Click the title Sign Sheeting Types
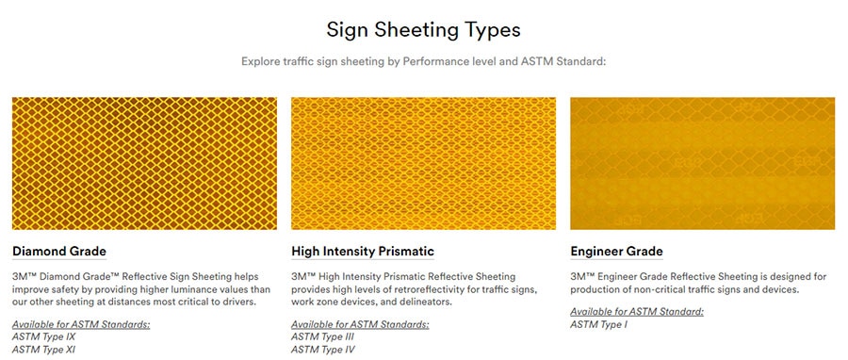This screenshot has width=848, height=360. click(423, 30)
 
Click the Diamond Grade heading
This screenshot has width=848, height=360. click(59, 252)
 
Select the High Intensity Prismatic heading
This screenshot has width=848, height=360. click(363, 252)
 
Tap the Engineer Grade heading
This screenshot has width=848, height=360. click(616, 252)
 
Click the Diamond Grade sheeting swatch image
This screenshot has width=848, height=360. click(144, 163)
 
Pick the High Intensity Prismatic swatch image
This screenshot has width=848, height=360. click(423, 163)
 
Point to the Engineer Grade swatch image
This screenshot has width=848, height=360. click(703, 163)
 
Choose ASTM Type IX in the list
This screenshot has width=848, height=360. click(43, 337)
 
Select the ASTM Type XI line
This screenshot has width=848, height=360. click(43, 350)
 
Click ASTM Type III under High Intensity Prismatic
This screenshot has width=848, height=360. click(322, 337)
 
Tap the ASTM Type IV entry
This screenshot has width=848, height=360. click(323, 350)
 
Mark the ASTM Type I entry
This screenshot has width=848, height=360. click(598, 325)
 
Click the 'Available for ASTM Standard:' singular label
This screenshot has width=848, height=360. click(637, 312)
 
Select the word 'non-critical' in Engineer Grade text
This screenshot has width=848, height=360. click(663, 289)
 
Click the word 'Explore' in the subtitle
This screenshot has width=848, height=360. click(260, 61)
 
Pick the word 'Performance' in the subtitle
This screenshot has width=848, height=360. click(431, 61)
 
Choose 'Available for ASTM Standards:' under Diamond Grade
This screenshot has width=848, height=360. click(81, 324)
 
